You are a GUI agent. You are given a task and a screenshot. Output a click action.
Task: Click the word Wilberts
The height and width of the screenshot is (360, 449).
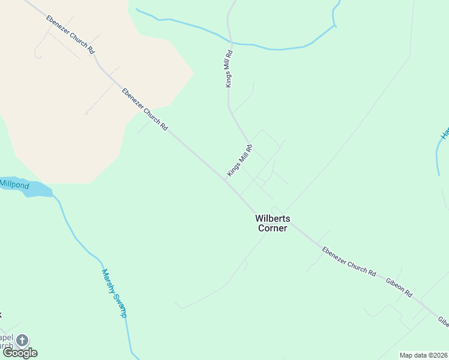273,219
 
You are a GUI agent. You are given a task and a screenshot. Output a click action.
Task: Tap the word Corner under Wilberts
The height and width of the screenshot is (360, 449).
273,228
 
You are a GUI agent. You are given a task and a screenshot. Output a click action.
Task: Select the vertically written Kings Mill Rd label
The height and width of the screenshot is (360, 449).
229,69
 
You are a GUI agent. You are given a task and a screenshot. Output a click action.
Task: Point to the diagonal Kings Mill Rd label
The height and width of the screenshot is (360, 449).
240,160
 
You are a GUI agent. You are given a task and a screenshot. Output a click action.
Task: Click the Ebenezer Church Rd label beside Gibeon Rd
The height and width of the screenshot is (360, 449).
349,261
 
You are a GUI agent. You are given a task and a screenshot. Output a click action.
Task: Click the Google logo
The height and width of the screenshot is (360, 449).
20,353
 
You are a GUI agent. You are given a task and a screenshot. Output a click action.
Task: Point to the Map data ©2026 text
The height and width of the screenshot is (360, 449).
423,355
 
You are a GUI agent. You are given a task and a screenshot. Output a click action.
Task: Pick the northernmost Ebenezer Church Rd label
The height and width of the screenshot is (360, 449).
70,35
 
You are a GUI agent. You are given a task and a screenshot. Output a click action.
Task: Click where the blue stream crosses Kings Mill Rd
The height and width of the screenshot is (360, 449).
231,42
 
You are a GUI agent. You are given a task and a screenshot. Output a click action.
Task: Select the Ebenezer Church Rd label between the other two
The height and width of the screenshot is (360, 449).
144,109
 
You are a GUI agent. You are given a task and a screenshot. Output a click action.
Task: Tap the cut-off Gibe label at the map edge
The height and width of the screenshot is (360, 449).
443,322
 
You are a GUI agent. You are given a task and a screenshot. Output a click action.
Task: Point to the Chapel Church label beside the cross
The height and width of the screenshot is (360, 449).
6,341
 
